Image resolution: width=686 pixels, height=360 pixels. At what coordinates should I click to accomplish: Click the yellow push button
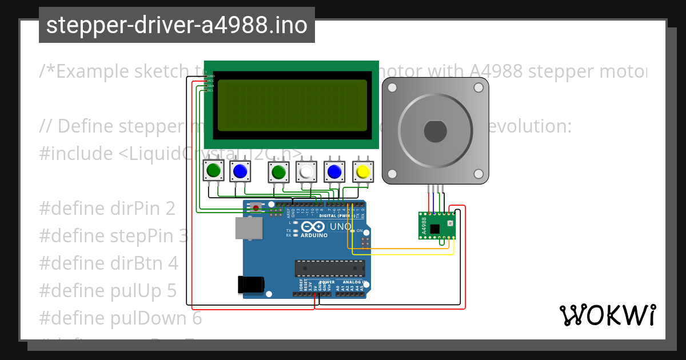point(362,171)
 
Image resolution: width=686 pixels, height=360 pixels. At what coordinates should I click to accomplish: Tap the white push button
point(307,171)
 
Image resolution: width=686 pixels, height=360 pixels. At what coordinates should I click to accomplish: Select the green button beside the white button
point(279,171)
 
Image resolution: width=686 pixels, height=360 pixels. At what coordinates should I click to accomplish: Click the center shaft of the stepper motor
point(435,131)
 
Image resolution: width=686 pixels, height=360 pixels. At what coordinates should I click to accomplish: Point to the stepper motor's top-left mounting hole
point(392,88)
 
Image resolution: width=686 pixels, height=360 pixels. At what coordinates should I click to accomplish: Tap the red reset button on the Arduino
point(256,207)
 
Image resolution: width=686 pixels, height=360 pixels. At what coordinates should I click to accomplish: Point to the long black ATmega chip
point(329,268)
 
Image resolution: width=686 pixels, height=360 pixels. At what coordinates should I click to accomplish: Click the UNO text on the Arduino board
point(340,226)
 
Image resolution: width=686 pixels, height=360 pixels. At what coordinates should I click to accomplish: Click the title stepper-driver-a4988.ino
point(177,25)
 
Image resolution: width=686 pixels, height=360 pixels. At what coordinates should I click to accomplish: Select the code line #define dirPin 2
point(107,209)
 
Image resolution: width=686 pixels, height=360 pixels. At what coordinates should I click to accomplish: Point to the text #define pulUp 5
point(108,290)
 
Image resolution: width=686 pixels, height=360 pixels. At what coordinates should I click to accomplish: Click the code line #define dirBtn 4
point(109,263)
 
